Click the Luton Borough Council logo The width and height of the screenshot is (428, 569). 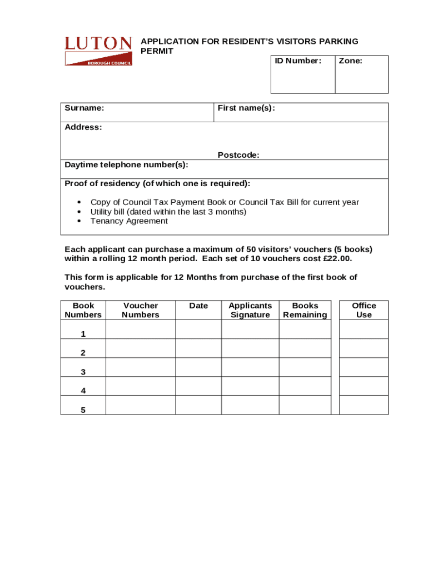pyautogui.click(x=98, y=51)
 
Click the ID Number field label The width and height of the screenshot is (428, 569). pyautogui.click(x=297, y=61)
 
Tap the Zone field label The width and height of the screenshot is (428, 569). pyautogui.click(x=350, y=61)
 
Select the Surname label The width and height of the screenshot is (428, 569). pyautogui.click(x=84, y=108)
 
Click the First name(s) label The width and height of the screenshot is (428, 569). pyautogui.click(x=246, y=108)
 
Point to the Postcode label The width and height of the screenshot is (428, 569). pyautogui.click(x=238, y=155)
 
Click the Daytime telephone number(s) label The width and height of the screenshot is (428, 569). pyautogui.click(x=126, y=164)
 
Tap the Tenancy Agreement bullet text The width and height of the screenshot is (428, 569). pyautogui.click(x=129, y=221)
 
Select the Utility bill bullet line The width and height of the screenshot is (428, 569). pyautogui.click(x=168, y=212)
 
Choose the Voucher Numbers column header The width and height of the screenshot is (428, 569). pyautogui.click(x=140, y=310)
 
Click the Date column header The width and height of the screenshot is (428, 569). pyautogui.click(x=198, y=306)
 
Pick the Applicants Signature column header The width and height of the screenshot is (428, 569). pyautogui.click(x=250, y=310)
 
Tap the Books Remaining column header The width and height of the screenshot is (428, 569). pyautogui.click(x=305, y=310)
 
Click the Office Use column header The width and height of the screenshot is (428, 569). pyautogui.click(x=364, y=310)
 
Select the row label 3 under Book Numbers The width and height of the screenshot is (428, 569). pyautogui.click(x=83, y=372)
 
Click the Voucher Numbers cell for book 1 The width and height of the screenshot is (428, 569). pyautogui.click(x=140, y=330)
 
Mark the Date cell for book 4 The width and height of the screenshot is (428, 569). pyautogui.click(x=198, y=386)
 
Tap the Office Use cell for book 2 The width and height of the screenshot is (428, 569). pyautogui.click(x=364, y=348)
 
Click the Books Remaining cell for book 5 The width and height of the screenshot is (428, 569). pyautogui.click(x=305, y=405)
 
